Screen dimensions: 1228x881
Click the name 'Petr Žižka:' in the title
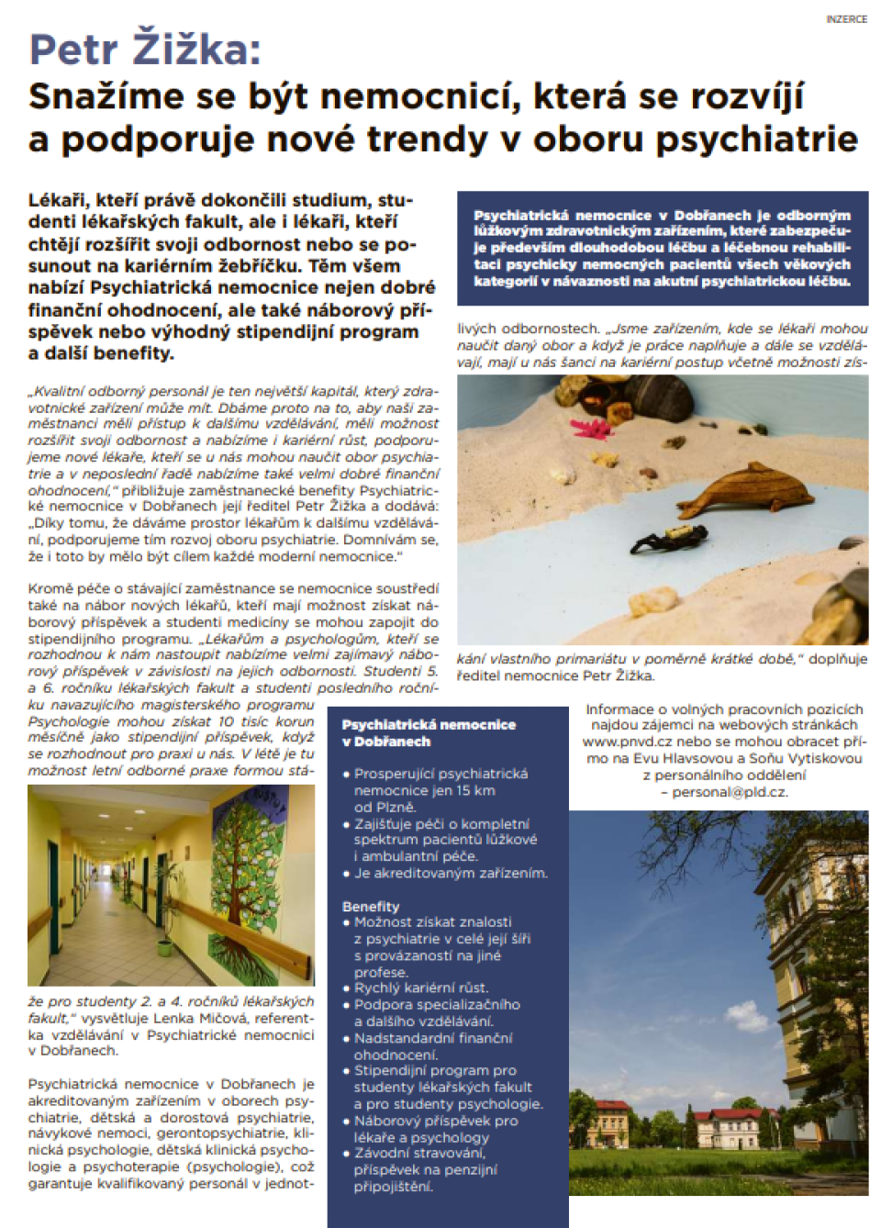pyautogui.click(x=145, y=50)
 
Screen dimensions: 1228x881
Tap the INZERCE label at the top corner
pyautogui.click(x=845, y=19)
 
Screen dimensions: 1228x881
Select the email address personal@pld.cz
pyautogui.click(x=729, y=791)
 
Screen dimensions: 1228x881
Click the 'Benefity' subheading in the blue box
pyautogui.click(x=371, y=906)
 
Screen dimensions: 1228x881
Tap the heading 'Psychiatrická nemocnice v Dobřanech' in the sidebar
pyautogui.click(x=428, y=732)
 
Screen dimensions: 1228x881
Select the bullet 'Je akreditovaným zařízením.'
pyautogui.click(x=451, y=873)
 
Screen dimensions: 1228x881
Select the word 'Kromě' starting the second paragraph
pyautogui.click(x=49, y=588)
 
